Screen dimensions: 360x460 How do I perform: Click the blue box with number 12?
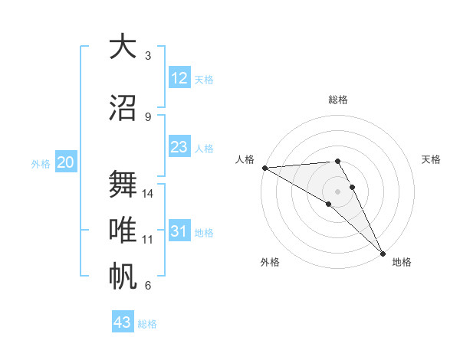179,78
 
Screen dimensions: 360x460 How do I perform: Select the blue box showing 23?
179,147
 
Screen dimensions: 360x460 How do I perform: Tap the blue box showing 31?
179,231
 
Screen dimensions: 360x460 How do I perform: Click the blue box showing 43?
123,322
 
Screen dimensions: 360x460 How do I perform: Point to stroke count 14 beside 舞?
149,194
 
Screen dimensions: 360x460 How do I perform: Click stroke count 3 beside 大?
148,56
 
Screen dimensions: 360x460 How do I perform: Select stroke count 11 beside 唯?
149,240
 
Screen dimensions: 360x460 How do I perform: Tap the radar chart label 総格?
338,100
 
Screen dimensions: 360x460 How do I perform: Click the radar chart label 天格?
431,159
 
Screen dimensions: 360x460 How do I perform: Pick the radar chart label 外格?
269,262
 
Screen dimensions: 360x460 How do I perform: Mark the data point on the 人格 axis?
264,168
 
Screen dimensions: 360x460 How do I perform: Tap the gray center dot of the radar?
337,191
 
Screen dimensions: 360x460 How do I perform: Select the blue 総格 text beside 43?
147,324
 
